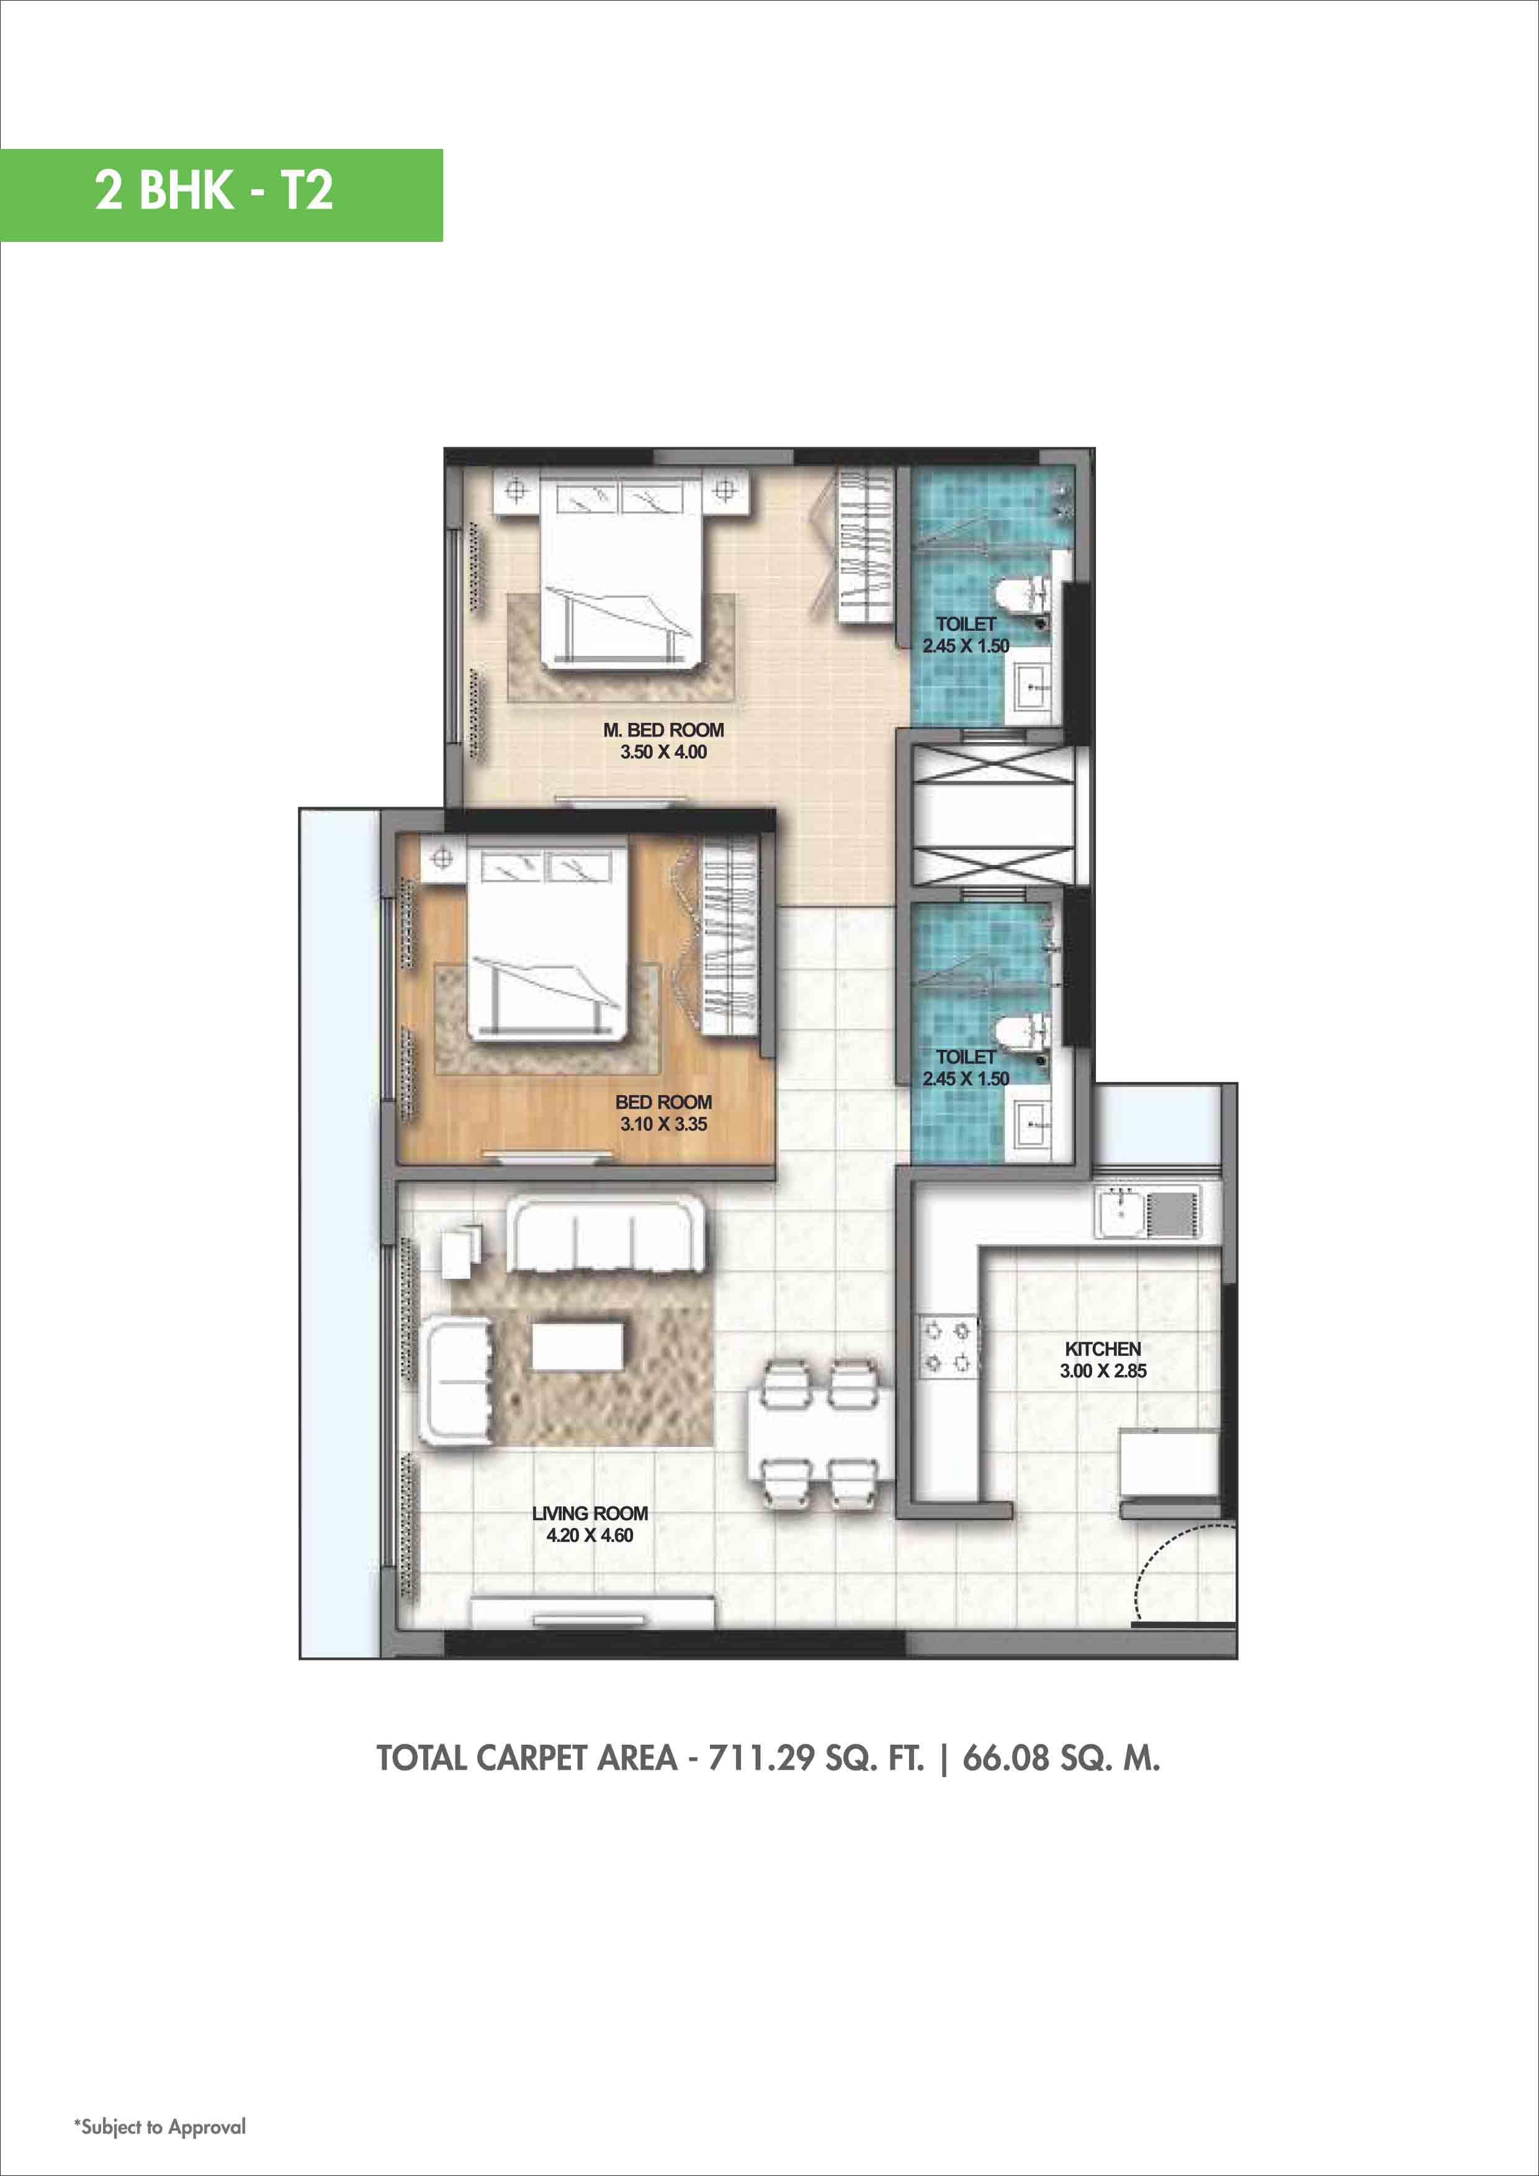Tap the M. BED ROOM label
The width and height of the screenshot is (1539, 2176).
[x=663, y=730]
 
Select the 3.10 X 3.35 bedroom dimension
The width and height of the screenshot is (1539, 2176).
[x=663, y=1124]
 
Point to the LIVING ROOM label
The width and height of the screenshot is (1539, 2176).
[x=590, y=1513]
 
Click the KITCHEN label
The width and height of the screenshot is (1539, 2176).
[x=1102, y=1349]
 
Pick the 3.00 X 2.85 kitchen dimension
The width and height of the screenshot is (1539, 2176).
[x=1102, y=1371]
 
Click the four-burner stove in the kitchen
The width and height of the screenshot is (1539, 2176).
[x=948, y=1346]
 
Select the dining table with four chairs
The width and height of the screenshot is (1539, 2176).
[x=819, y=1434]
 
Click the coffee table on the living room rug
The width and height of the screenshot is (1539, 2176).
[x=577, y=1346]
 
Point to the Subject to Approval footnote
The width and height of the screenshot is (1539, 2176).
[x=160, y=2127]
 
